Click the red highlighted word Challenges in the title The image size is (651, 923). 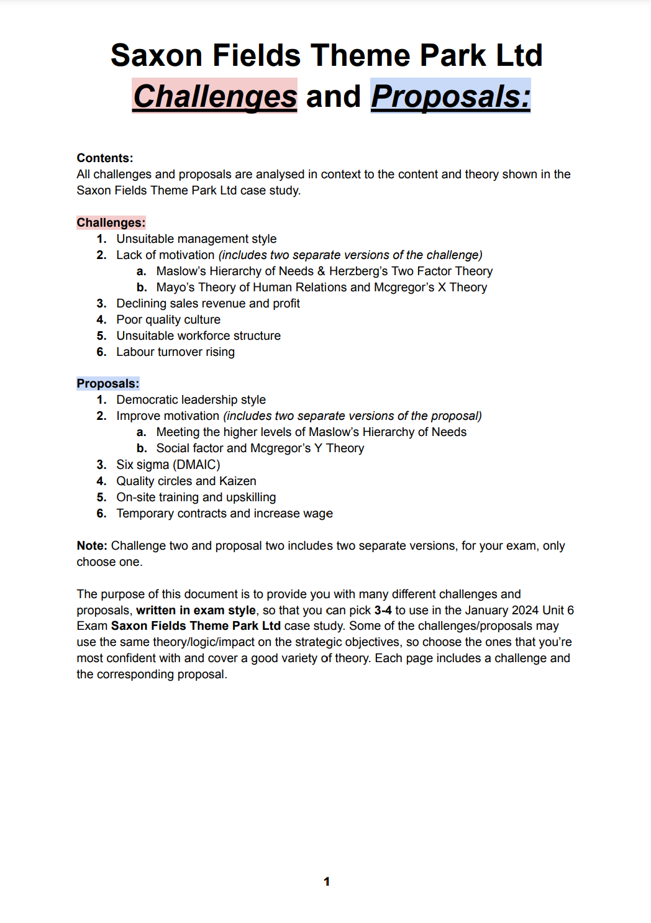(x=215, y=96)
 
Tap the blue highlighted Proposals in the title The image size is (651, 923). (x=450, y=96)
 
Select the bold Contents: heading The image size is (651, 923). (x=105, y=158)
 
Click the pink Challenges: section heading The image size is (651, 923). (x=111, y=222)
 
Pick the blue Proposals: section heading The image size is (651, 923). (x=108, y=383)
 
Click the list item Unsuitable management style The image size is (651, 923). (x=196, y=239)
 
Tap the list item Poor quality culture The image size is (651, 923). (x=168, y=320)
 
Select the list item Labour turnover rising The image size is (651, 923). (x=175, y=352)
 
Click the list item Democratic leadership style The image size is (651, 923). (x=191, y=400)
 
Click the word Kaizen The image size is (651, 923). (x=237, y=481)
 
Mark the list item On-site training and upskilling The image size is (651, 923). (x=196, y=497)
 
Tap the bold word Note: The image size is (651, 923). (x=92, y=545)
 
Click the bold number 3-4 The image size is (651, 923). (x=383, y=610)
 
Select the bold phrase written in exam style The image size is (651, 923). (x=196, y=610)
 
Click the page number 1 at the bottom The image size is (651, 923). (x=327, y=881)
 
